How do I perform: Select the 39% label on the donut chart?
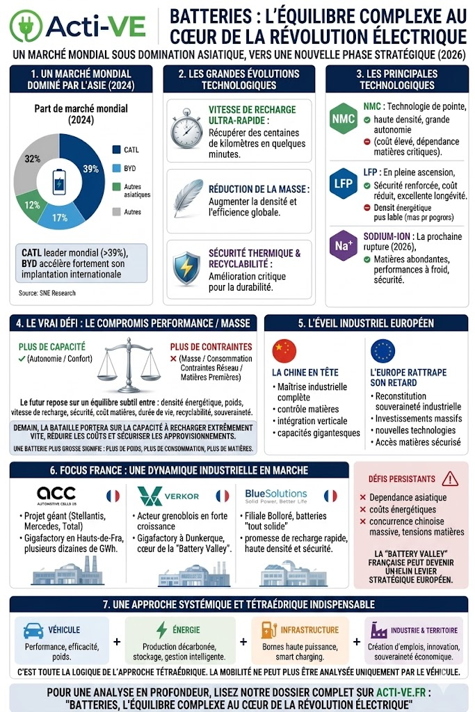90,169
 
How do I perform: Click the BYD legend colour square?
116,168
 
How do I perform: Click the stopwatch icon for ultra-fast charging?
186,128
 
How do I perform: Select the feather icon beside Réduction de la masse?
186,199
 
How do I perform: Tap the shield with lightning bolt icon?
186,270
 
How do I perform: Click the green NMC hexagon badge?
344,119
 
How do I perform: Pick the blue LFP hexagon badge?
344,184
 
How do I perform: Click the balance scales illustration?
130,363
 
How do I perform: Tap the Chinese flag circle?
284,351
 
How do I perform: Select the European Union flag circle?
383,351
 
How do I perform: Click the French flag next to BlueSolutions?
331,496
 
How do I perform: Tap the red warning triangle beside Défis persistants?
450,478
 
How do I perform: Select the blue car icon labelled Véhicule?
33,630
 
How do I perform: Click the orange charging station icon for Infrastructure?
266,630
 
